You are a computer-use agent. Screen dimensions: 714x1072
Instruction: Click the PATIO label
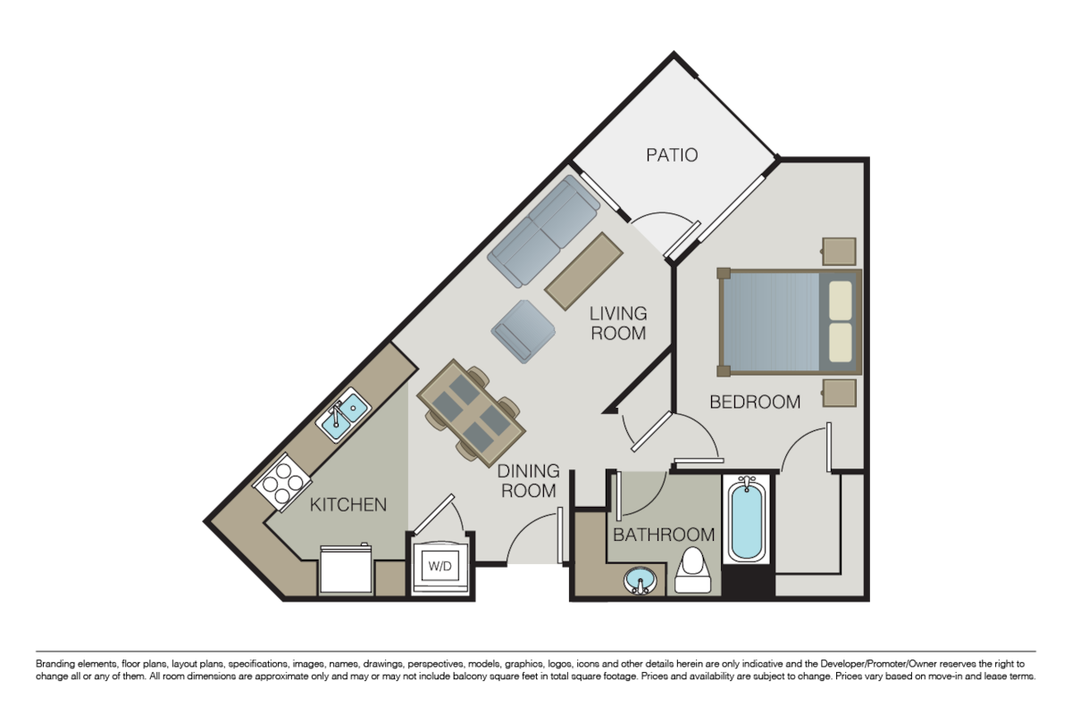(x=672, y=155)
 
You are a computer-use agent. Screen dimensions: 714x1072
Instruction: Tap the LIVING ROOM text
(x=618, y=323)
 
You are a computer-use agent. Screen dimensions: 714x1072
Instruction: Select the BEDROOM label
(x=755, y=403)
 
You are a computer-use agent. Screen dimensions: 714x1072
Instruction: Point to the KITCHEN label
(x=348, y=505)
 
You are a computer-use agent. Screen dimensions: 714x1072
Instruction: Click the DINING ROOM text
(x=528, y=480)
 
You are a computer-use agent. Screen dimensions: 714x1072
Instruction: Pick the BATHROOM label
(x=664, y=535)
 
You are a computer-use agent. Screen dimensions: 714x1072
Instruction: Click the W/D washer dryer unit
(x=439, y=565)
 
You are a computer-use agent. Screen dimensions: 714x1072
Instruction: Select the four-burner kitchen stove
(x=281, y=482)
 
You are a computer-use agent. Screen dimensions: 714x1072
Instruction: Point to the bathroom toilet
(x=693, y=571)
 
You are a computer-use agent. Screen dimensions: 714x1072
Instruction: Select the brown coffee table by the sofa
(x=584, y=270)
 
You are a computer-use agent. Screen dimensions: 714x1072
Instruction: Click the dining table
(x=470, y=411)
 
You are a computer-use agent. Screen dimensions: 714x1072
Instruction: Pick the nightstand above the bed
(x=840, y=252)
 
